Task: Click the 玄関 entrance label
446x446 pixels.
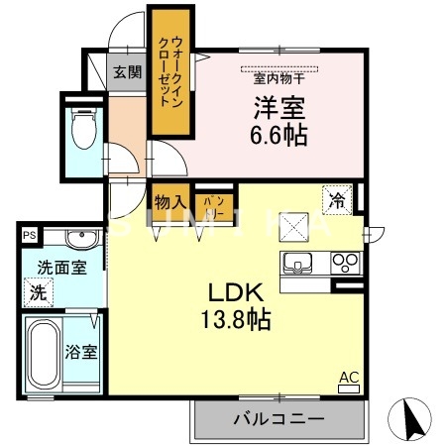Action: pyautogui.click(x=126, y=71)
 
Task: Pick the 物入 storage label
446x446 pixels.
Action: pyautogui.click(x=166, y=201)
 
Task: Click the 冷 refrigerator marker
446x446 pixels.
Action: pyautogui.click(x=337, y=200)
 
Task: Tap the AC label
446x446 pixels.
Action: pyautogui.click(x=349, y=377)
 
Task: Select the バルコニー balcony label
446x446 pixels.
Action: pyautogui.click(x=279, y=418)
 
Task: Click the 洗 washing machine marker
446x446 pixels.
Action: pyautogui.click(x=37, y=293)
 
